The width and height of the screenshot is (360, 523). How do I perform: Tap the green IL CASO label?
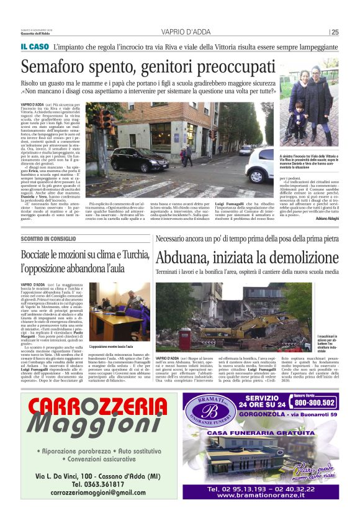[34, 47]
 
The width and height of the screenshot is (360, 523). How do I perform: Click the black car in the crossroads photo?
[140, 161]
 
